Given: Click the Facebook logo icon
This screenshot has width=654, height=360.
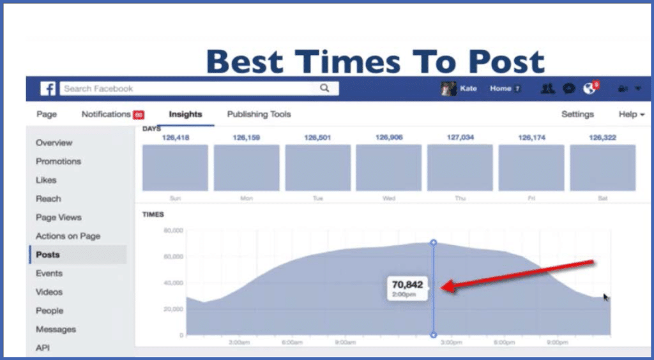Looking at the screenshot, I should click(48, 89).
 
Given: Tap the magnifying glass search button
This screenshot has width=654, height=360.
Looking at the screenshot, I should click(324, 89).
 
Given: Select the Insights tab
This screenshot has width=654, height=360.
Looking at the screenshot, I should click(185, 114).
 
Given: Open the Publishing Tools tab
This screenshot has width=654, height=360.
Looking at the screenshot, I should click(259, 114).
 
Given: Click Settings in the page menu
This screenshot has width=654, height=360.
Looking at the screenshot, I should click(577, 114).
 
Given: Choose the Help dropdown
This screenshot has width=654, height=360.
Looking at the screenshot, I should click(631, 114).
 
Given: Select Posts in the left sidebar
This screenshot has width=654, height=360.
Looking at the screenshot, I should click(48, 255).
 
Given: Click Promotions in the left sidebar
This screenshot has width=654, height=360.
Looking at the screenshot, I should click(58, 161).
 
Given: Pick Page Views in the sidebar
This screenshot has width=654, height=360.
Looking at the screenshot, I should click(58, 218).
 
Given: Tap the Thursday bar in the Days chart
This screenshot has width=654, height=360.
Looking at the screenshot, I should click(460, 168).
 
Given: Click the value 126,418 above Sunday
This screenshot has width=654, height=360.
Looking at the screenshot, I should click(175, 137).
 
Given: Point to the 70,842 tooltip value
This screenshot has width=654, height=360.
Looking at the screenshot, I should click(407, 285).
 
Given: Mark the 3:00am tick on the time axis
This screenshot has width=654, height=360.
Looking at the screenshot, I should click(238, 343).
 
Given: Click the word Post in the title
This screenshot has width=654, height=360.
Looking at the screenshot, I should click(503, 61).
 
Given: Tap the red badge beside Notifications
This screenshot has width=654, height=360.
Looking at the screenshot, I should click(139, 115).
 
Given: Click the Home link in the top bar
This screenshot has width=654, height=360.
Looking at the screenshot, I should click(501, 89).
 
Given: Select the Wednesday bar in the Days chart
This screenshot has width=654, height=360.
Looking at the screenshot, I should click(388, 168).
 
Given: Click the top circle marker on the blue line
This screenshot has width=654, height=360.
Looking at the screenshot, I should click(434, 243).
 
